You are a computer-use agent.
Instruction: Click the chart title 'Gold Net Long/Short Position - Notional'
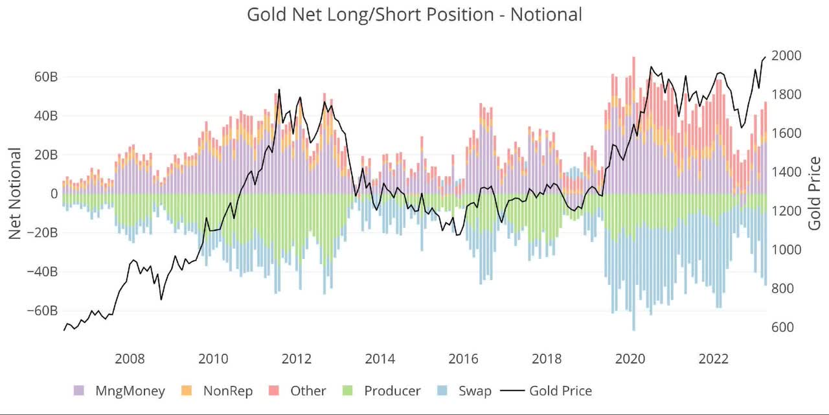(414, 14)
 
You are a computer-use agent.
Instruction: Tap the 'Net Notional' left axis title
(15, 193)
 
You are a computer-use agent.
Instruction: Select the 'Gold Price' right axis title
(815, 193)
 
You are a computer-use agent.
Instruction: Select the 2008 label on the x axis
(130, 359)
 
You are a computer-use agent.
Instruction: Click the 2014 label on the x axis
(380, 359)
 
